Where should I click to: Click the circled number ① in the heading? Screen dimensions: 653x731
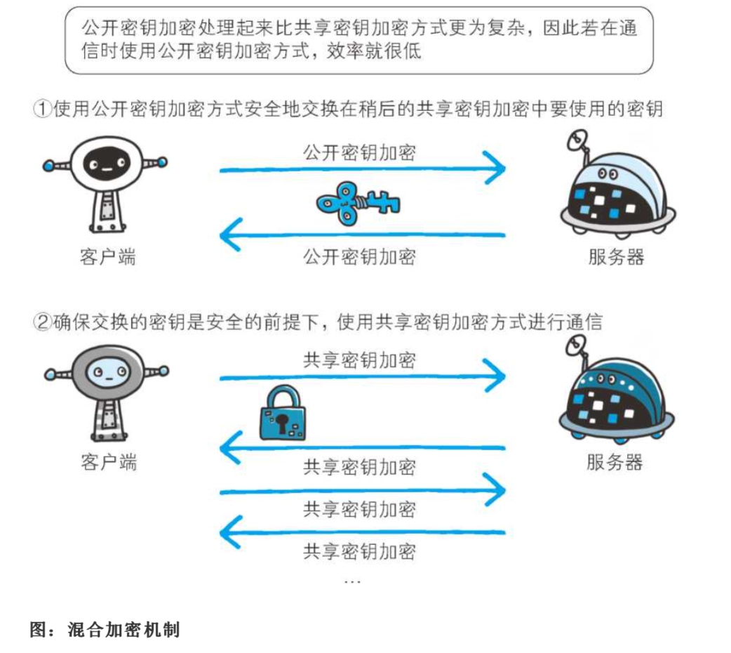[x=43, y=110]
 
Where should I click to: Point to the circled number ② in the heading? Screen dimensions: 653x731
[x=43, y=322]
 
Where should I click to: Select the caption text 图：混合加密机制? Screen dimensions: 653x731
[x=105, y=629]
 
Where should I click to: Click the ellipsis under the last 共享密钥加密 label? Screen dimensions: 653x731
[x=352, y=582]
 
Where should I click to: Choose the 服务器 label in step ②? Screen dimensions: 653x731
[x=615, y=462]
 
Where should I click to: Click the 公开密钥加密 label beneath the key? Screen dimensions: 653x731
[x=359, y=256]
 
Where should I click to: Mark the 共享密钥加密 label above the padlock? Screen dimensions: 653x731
[x=359, y=360]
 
